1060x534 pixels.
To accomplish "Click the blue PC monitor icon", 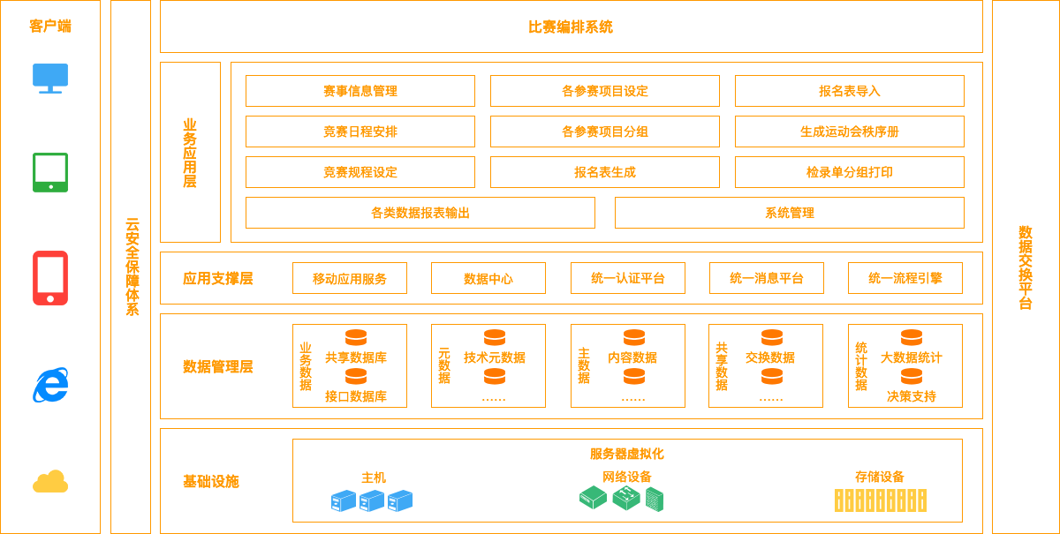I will tap(50, 77).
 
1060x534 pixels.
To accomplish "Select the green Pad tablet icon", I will tap(50, 172).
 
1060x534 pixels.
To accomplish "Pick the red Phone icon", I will tap(50, 277).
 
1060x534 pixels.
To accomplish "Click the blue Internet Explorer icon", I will tap(50, 386).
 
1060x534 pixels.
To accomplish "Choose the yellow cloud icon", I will tap(50, 482).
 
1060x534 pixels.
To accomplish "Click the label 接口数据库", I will tap(353, 396).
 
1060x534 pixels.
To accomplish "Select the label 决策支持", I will tap(911, 396).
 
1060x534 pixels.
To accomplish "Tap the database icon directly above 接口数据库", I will tap(356, 377).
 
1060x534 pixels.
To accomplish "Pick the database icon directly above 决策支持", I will tap(912, 377).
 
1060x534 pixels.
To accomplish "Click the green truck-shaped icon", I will tap(621, 499).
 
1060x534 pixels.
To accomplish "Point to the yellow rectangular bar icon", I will tap(881, 500).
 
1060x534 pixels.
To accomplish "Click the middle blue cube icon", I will tap(373, 501).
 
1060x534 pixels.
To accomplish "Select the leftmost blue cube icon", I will tap(344, 501).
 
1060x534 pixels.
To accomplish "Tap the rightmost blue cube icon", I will tap(401, 501).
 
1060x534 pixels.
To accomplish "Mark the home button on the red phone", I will tap(50, 299).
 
